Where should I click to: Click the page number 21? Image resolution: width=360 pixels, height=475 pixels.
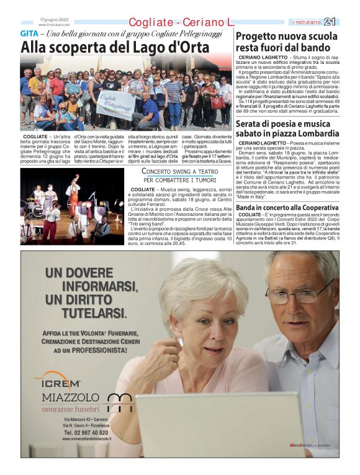pyautogui.click(x=346, y=22)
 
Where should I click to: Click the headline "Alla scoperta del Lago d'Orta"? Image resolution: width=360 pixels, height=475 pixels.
pyautogui.click(x=115, y=47)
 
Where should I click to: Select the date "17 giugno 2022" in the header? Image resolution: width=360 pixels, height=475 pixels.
pyautogui.click(x=53, y=19)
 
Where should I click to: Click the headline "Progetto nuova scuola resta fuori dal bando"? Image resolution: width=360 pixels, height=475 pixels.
pyautogui.click(x=287, y=41)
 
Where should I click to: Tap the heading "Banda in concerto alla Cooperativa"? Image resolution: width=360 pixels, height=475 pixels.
pyautogui.click(x=286, y=207)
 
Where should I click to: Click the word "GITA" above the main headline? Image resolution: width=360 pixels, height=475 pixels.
pyautogui.click(x=29, y=33)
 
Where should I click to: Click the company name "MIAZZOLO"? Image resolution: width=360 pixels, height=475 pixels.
pyautogui.click(x=70, y=397)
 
